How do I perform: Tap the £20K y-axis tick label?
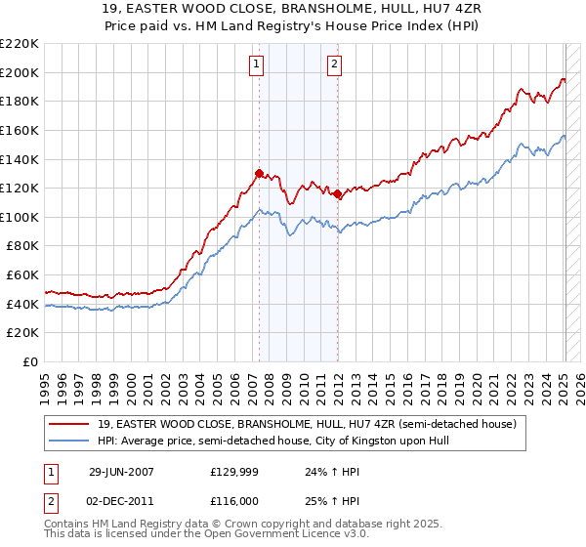tap(22, 333)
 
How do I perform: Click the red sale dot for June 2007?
tap(259, 173)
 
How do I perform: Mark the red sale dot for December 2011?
tap(337, 193)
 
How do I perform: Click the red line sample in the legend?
tap(70, 424)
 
